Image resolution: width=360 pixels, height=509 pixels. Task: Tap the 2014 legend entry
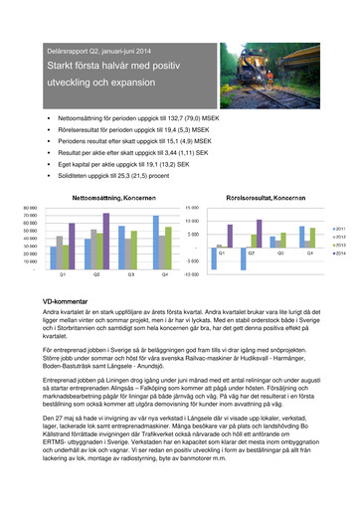[340, 254]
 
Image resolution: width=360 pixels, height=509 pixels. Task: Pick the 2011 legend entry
[340, 229]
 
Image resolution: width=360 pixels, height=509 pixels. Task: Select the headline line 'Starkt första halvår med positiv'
[110, 67]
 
